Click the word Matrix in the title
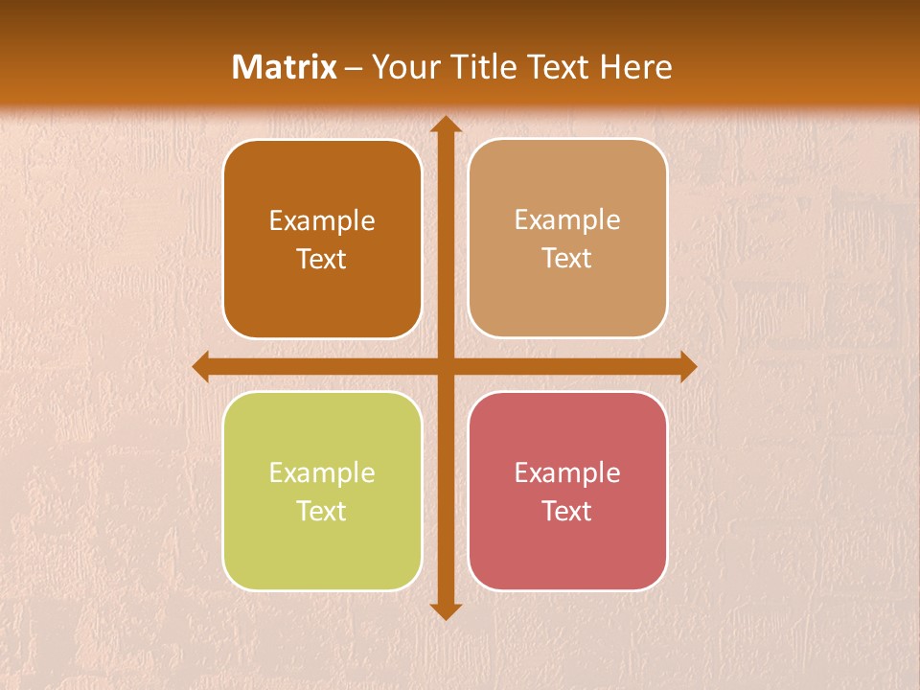(285, 67)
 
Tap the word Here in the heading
(635, 67)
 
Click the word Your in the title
(401, 67)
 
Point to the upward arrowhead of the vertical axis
(445, 125)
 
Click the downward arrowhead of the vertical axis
(445, 610)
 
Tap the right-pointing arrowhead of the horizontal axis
(687, 367)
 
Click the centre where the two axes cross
(445, 367)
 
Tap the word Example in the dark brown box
(322, 220)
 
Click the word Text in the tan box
(567, 258)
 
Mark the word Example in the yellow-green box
(322, 472)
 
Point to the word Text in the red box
(567, 511)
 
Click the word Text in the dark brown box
(322, 259)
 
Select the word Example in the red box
(567, 472)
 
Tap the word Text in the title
(556, 67)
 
